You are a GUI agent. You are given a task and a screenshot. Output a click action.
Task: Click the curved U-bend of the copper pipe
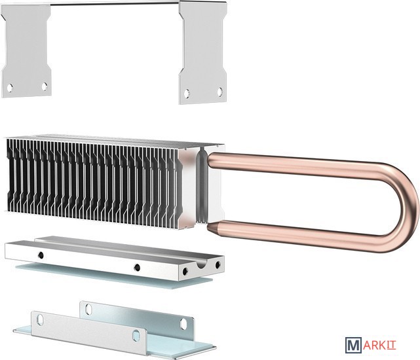pos(404,207)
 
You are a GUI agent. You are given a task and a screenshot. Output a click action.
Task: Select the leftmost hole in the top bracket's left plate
pos(10,88)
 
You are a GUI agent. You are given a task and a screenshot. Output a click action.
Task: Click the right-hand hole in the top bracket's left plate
pos(45,86)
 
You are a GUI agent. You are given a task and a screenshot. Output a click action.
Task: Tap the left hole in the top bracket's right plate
pos(187,94)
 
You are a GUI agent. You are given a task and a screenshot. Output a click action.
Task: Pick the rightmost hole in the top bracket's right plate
pos(220,92)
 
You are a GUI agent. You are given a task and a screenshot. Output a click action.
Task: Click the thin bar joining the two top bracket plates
pos(115,3)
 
